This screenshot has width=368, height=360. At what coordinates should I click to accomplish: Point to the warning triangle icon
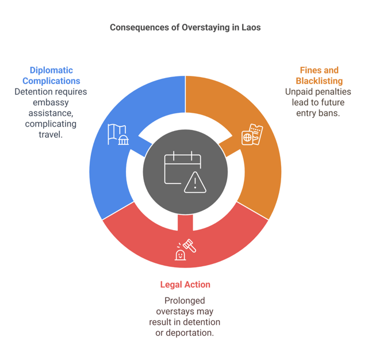pos(195,182)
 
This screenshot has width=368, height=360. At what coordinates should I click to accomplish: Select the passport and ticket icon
pos(251,135)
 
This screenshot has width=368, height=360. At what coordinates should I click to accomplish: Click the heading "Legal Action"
pos(185,285)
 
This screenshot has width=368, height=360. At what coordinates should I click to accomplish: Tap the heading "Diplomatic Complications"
pos(51,76)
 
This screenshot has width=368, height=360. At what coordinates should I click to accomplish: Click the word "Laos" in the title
pos(251,27)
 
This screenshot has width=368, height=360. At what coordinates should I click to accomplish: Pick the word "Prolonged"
pos(185,301)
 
